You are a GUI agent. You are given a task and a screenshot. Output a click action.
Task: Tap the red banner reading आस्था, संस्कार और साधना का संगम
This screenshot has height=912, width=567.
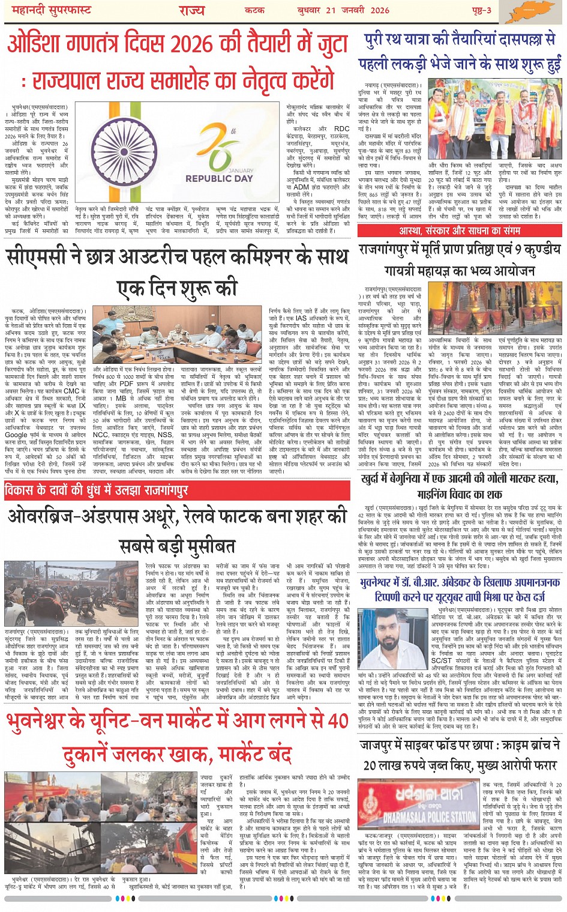[x=460, y=231]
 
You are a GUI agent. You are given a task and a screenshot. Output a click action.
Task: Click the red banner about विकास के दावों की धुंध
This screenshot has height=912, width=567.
[x=96, y=491]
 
